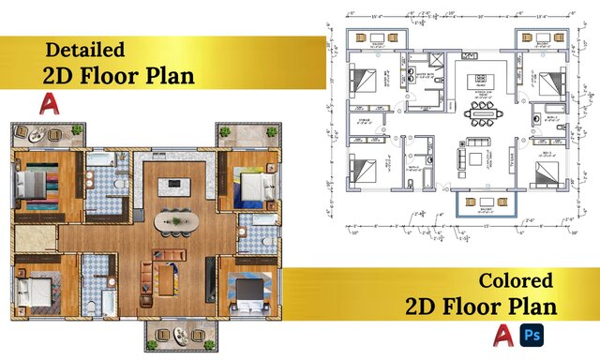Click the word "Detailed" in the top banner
pos(85,49)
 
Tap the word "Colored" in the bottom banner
pos(516,279)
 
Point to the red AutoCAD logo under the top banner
pos(48,104)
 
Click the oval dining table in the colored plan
pos(175,221)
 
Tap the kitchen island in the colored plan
pos(173,184)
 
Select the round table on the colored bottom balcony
pos(177,336)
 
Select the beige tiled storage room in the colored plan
pos(32,238)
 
